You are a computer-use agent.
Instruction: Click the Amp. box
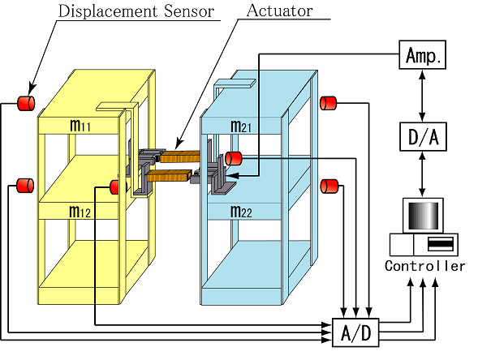click(x=423, y=55)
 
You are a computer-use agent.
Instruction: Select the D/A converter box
click(x=423, y=137)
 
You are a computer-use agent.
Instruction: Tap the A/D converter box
click(x=355, y=332)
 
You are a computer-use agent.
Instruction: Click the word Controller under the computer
click(x=425, y=266)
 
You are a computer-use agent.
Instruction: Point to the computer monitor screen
click(x=423, y=216)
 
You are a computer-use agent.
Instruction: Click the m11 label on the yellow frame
click(x=80, y=125)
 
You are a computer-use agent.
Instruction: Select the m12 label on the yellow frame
click(x=80, y=212)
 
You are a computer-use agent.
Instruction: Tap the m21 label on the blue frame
click(x=241, y=126)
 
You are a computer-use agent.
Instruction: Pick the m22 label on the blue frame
click(x=242, y=212)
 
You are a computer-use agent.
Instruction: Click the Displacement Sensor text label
click(x=136, y=11)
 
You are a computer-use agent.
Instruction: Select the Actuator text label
click(x=279, y=11)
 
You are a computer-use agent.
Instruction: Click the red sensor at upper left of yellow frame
click(x=26, y=103)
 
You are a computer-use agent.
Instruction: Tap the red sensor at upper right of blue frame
click(x=329, y=103)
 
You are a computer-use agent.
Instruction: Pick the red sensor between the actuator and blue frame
click(x=234, y=158)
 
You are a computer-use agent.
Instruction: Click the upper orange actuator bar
click(x=180, y=156)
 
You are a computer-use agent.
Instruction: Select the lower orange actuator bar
click(x=169, y=177)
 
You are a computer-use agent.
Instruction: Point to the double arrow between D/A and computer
click(x=422, y=174)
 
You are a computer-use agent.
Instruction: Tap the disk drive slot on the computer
click(x=441, y=243)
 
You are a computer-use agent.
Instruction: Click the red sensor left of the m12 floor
click(x=25, y=186)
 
